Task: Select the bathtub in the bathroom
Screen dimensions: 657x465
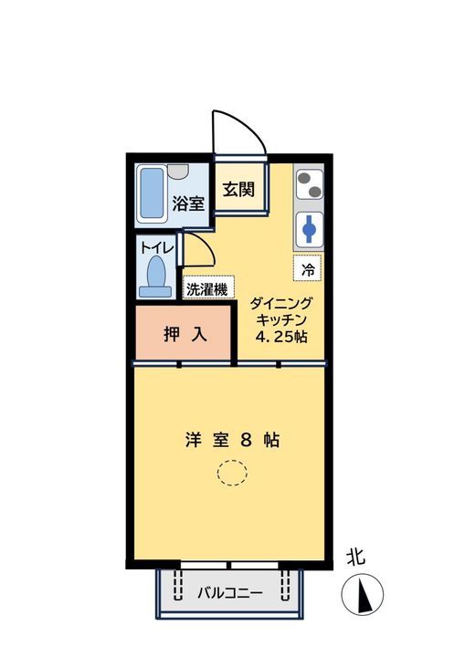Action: pos(151,193)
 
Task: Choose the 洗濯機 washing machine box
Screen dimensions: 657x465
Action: pos(209,288)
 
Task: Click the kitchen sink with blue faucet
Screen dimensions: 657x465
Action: pos(311,229)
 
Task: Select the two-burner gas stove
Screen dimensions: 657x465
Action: pos(311,184)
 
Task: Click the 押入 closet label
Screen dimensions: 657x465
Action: pos(185,335)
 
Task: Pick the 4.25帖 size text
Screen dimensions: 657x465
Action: pos(280,337)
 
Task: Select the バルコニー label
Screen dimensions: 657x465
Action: pos(230,593)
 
